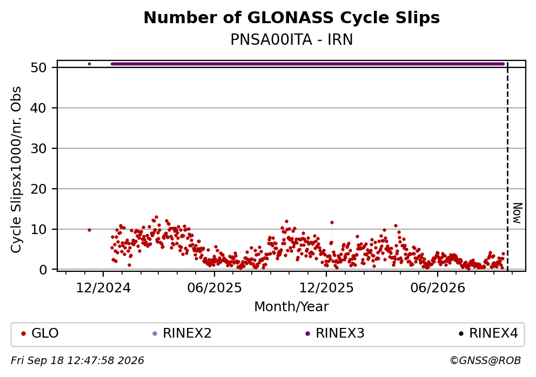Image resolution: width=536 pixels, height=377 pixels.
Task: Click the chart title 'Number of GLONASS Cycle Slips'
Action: click(x=292, y=18)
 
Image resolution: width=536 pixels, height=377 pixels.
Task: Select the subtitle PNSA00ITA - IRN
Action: click(x=292, y=40)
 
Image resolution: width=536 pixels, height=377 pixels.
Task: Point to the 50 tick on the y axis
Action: click(x=38, y=67)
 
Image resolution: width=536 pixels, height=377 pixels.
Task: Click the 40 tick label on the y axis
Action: click(x=38, y=108)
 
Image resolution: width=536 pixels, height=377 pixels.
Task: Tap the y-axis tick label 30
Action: click(x=38, y=148)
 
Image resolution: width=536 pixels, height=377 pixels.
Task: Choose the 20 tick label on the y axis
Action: click(x=38, y=189)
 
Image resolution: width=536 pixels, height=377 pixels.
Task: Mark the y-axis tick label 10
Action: click(x=38, y=229)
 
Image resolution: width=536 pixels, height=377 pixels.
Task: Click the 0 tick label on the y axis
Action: click(x=43, y=270)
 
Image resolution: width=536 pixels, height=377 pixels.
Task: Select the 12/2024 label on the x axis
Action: click(x=103, y=288)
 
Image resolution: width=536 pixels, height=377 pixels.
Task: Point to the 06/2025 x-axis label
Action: click(x=215, y=288)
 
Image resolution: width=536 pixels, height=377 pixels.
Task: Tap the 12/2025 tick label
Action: click(x=326, y=288)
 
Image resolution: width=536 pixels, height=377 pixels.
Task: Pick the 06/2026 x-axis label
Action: click(x=438, y=288)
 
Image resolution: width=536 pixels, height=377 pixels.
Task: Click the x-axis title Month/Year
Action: click(x=292, y=307)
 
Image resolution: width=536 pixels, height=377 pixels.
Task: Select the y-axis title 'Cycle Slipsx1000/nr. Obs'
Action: click(x=16, y=169)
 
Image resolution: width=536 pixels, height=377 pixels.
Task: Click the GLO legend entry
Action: click(x=41, y=333)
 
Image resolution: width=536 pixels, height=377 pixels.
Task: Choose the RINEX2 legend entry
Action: click(x=182, y=333)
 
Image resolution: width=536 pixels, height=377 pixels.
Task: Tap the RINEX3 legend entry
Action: click(x=335, y=333)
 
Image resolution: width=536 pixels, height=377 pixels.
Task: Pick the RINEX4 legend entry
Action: click(x=488, y=333)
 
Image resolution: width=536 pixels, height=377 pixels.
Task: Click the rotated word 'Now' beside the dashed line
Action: click(x=518, y=213)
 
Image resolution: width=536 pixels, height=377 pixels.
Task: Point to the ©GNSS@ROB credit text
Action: click(x=485, y=361)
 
